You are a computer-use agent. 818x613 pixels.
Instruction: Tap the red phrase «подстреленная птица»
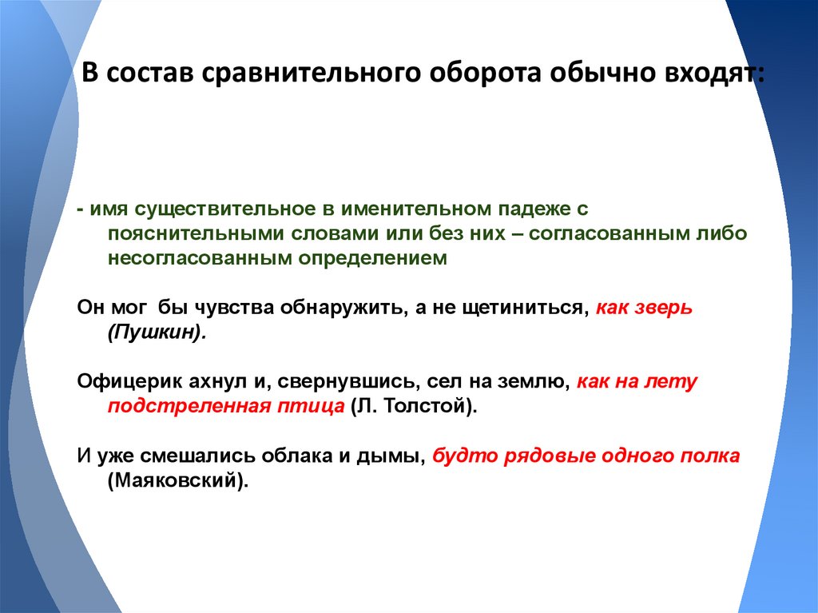225,406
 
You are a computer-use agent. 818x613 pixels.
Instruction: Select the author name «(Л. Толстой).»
413,406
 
